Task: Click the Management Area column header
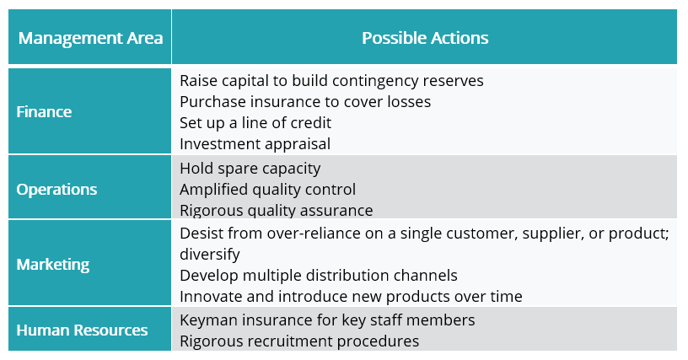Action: pos(90,38)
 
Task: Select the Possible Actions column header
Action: pos(425,38)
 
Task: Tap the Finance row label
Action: pos(44,112)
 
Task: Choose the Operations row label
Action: pos(56,190)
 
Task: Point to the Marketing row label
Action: pos(52,265)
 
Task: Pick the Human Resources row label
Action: pos(82,330)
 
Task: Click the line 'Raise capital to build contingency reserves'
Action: pos(331,81)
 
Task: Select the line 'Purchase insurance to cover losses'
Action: pos(305,102)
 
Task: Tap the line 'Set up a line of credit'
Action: pos(255,123)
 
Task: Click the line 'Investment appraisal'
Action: pos(255,144)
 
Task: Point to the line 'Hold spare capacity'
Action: pos(250,169)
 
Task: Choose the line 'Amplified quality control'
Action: pos(267,190)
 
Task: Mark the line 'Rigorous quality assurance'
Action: pos(277,211)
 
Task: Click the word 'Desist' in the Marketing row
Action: pos(200,234)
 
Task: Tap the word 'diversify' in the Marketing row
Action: pos(210,255)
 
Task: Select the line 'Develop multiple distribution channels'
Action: pos(319,276)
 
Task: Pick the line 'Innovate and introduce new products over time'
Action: pos(351,297)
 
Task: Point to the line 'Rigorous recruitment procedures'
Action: pos(299,341)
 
